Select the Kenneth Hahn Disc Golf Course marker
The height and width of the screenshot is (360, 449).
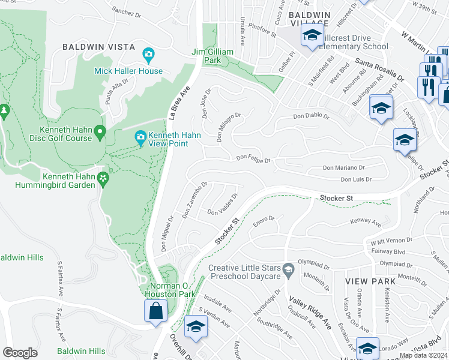click(100, 130)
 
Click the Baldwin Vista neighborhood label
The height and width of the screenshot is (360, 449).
click(96, 46)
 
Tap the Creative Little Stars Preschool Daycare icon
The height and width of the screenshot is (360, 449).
click(288, 268)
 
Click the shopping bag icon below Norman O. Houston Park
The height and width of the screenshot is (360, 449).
click(155, 311)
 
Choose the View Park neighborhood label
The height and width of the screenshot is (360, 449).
click(370, 281)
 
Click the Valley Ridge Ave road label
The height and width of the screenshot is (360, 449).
click(310, 314)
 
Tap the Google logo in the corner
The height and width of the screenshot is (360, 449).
click(20, 352)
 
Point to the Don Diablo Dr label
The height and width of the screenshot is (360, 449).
click(311, 117)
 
